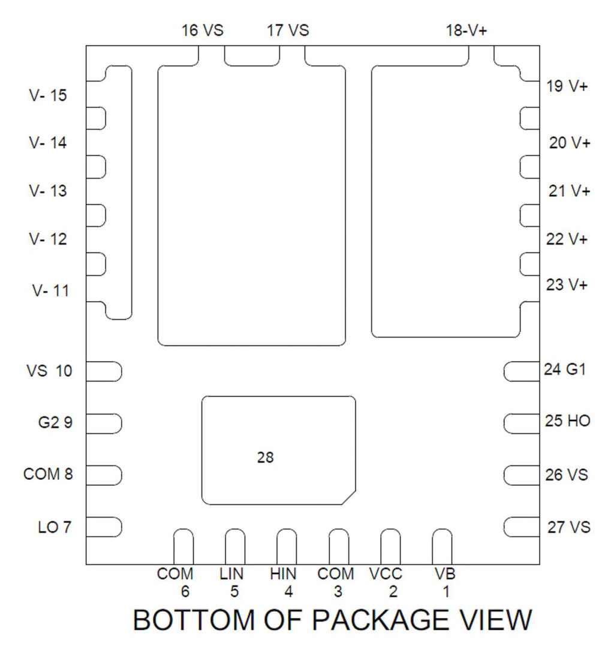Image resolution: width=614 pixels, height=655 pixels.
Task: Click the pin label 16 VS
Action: pos(203,31)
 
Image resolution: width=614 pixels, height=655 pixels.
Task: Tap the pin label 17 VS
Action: pos(288,31)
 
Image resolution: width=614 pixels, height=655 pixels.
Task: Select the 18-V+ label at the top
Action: pos(466,31)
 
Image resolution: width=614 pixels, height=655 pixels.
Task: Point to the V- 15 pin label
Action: pos(48,95)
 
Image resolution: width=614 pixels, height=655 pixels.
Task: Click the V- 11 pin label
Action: pos(50,291)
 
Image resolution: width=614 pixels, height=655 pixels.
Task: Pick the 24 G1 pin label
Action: pos(565,369)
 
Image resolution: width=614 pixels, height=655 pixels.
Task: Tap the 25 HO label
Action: pos(568,420)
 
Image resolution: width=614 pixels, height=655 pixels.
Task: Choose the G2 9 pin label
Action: pos(55,422)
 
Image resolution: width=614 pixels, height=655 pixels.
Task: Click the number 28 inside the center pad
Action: pos(265,458)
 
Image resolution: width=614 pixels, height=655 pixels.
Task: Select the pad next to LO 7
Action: pos(104,527)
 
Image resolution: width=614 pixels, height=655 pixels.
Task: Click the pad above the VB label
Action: pos(442,546)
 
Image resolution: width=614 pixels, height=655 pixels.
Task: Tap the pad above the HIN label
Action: pos(287,546)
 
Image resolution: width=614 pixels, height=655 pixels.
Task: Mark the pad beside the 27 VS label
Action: pos(522,527)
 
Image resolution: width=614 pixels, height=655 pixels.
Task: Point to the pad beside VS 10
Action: pos(104,371)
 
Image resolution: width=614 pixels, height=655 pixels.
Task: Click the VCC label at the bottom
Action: pos(386,574)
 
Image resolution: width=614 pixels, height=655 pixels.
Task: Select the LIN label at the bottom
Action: pos(231,574)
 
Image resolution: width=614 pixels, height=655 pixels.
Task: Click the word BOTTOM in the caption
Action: pos(194,620)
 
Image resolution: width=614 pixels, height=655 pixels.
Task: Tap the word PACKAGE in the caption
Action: pos(380,620)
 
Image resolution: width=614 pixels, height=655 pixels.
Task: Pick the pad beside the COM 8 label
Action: pos(104,475)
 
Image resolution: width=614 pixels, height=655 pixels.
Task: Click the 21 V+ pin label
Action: pos(569,191)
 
